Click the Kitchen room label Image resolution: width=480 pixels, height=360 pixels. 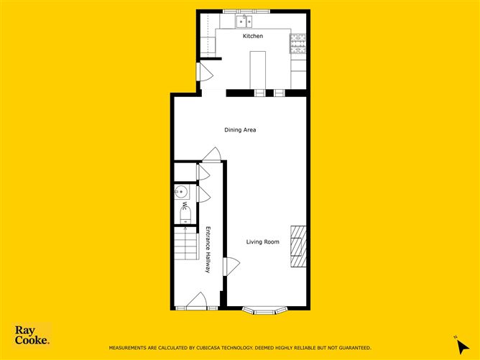[x=253, y=36]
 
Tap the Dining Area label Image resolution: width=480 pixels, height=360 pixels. [x=241, y=130]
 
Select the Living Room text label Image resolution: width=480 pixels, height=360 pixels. [x=262, y=241]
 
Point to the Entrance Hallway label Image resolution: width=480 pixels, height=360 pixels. [x=208, y=249]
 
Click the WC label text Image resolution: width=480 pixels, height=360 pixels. [x=184, y=206]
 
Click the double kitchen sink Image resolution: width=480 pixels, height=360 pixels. [x=246, y=21]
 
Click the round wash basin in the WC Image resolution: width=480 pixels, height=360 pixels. [x=181, y=192]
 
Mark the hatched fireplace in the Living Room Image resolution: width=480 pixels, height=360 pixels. [x=298, y=245]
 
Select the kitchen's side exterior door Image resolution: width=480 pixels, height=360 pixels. [x=203, y=72]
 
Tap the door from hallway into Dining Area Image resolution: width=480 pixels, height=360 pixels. [x=211, y=154]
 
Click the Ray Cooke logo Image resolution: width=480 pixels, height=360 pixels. [x=32, y=336]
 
